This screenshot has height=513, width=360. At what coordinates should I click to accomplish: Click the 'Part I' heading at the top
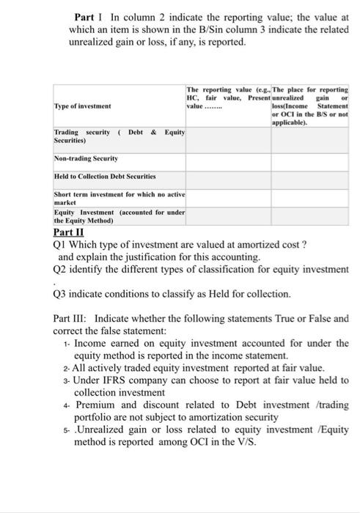pyautogui.click(x=87, y=17)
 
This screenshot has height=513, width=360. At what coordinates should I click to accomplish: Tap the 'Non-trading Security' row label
pyautogui.click(x=87, y=158)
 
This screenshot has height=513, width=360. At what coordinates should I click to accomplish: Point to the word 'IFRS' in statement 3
pyautogui.click(x=118, y=380)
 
